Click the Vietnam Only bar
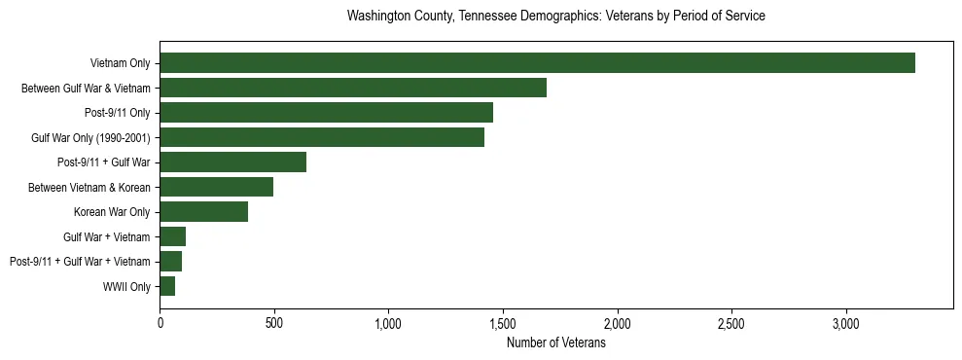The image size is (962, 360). tap(537, 63)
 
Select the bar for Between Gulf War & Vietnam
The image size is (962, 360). tap(353, 88)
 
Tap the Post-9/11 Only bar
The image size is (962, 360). tap(326, 113)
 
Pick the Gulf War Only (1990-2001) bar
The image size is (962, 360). tap(322, 137)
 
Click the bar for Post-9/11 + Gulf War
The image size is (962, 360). tap(233, 162)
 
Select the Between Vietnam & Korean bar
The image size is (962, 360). tap(216, 187)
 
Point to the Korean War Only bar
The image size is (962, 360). tap(203, 212)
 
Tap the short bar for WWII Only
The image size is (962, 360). tap(167, 286)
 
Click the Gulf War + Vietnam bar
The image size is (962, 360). tap(172, 236)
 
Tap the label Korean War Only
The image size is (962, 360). tap(112, 212)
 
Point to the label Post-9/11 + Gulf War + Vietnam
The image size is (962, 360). tap(80, 262)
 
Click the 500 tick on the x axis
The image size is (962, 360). tap(274, 323)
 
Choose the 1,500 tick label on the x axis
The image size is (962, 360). tap(503, 323)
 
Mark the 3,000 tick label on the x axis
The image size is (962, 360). tap(846, 323)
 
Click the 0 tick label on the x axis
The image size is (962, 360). tap(160, 323)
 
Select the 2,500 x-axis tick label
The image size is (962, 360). tap(731, 323)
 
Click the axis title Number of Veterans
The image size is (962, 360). tap(555, 342)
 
